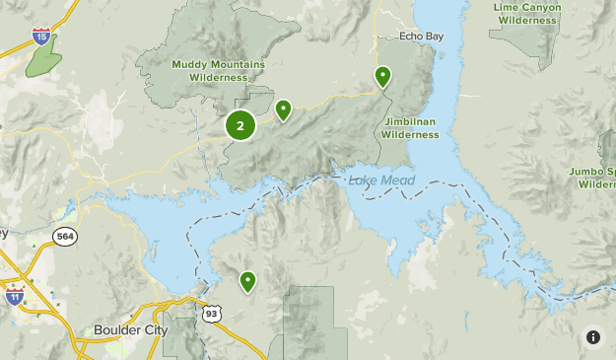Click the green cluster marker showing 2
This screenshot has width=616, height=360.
pos(240,125)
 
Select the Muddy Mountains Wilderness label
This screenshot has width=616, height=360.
pos(218,70)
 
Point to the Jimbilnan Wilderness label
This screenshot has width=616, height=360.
pos(410,127)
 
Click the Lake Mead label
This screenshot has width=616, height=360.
pos(381,180)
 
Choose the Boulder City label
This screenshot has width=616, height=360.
pos(130,330)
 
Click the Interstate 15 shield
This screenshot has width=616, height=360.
pos(40,37)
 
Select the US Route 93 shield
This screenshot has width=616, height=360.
pos(212,313)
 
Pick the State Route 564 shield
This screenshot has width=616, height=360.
pos(65,237)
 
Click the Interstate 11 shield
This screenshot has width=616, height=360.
pos(14,295)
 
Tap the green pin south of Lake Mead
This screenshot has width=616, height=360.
pos(247,282)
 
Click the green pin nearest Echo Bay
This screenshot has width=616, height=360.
pos(382,76)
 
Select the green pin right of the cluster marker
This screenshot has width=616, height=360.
pos(284,109)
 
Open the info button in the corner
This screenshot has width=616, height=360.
pos(592,336)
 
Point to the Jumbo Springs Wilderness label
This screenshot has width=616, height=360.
pos(594,178)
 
